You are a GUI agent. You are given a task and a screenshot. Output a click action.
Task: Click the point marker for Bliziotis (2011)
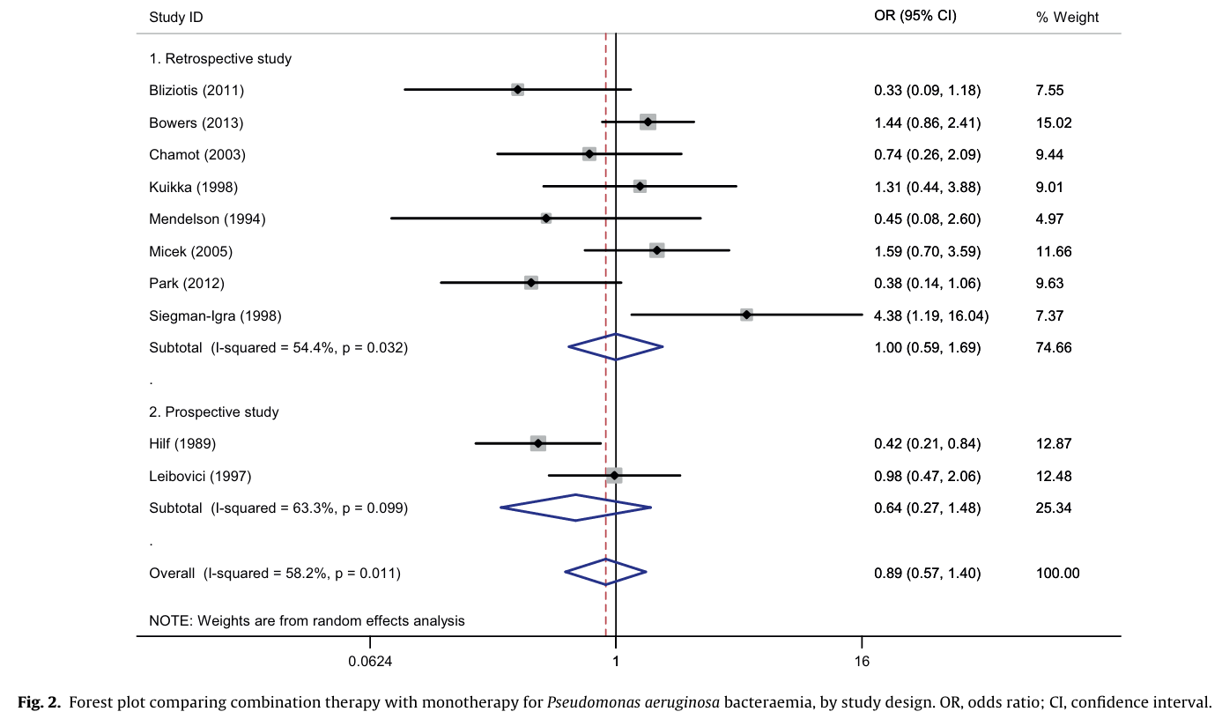[517, 90]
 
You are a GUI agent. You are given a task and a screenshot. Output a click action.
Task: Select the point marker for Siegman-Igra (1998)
[746, 315]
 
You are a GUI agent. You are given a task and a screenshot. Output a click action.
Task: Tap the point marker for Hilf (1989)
[537, 443]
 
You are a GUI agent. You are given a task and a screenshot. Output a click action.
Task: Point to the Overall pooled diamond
[605, 572]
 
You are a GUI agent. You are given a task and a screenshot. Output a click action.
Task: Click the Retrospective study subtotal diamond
[616, 346]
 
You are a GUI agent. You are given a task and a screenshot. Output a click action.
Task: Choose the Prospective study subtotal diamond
[575, 508]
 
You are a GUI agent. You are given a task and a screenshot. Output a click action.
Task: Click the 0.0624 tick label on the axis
[370, 661]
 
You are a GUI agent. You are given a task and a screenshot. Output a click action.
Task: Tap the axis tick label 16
[862, 661]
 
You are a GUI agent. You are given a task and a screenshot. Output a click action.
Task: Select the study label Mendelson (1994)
[207, 219]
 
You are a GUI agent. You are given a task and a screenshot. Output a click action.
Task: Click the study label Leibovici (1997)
[200, 476]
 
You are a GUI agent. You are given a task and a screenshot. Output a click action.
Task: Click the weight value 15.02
[1055, 122]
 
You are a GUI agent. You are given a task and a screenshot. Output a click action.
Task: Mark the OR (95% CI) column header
[915, 16]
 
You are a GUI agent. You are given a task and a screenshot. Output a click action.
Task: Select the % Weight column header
[1067, 18]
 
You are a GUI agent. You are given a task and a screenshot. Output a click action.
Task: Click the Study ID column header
[176, 18]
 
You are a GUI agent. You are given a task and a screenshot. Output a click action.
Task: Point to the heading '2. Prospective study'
[214, 411]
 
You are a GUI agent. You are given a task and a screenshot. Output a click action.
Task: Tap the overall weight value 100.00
[1058, 573]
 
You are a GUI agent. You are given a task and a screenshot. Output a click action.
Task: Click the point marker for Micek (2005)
[656, 251]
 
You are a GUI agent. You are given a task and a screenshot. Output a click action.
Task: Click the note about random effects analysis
[307, 620]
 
